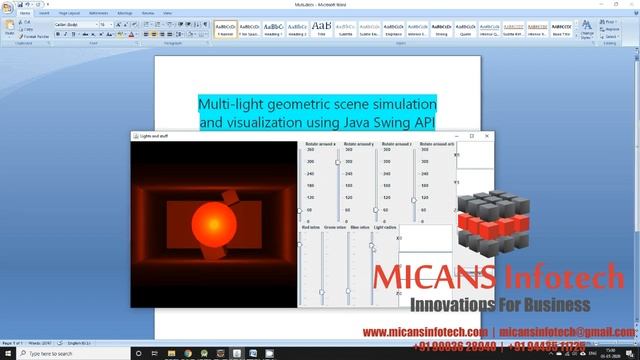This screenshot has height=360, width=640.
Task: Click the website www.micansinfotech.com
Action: [x=424, y=331]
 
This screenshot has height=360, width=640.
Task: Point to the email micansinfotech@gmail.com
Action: [x=567, y=331]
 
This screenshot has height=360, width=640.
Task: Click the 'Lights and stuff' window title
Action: [x=157, y=136]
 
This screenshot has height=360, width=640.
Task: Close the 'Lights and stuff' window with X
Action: [x=487, y=136]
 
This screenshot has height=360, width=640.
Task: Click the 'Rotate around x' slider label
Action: [x=321, y=144]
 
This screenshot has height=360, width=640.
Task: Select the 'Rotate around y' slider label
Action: [x=358, y=144]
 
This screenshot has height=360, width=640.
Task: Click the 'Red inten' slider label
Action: [x=309, y=228]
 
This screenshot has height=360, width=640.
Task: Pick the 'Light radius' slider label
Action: [x=386, y=228]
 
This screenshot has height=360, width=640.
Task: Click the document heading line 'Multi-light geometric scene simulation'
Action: [x=317, y=104]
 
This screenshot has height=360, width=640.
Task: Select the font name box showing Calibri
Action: [x=76, y=24]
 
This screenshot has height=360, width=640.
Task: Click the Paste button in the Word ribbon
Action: [x=9, y=28]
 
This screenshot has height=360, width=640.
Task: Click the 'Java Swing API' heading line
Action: [x=317, y=123]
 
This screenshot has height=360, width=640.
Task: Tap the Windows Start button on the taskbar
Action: [x=5, y=353]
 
